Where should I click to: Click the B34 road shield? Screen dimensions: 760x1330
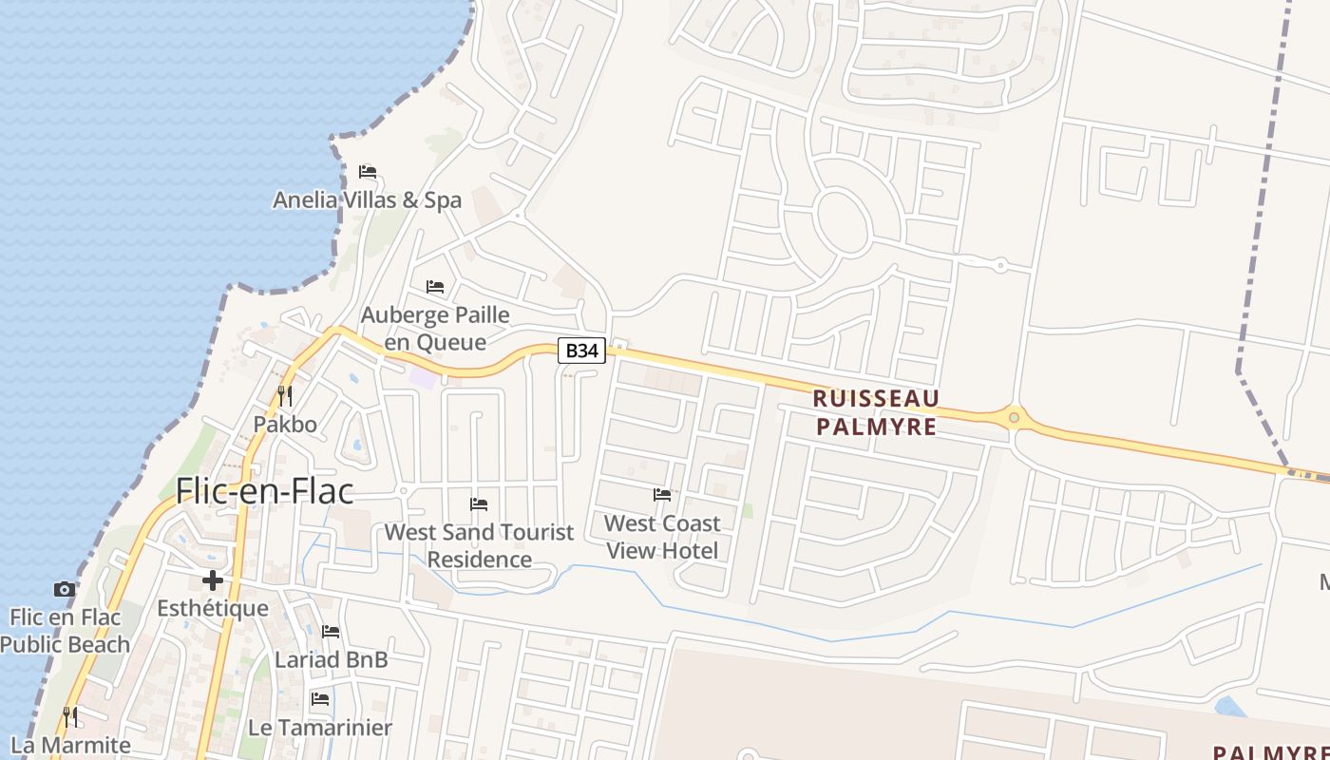tap(581, 351)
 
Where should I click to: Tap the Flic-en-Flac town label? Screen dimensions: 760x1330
tap(264, 491)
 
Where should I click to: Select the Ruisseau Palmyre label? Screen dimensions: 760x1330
tap(876, 412)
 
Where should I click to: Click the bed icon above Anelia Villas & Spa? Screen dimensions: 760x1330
tap(368, 172)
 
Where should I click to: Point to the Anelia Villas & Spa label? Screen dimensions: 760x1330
tap(367, 200)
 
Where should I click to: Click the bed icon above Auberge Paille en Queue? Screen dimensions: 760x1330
tap(435, 286)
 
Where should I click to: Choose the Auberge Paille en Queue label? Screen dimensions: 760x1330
tap(435, 328)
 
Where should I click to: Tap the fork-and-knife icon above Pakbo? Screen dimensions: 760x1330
tap(284, 395)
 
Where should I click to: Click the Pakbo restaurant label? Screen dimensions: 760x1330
tap(284, 424)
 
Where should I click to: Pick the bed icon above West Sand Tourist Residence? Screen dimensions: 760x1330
tap(479, 503)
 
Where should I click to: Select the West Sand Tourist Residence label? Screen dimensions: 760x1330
tap(479, 545)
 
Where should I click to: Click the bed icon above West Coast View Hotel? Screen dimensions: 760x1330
tap(662, 494)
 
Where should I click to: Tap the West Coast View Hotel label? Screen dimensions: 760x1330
tap(662, 537)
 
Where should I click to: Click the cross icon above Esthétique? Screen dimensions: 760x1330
tap(212, 579)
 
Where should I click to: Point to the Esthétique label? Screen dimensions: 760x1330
tap(212, 608)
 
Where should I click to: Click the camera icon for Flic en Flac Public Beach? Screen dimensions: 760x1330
tap(64, 589)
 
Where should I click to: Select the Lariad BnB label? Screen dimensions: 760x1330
tap(331, 659)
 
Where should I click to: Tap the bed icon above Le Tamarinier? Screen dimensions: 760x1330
tap(320, 699)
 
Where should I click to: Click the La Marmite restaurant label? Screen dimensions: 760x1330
tap(70, 745)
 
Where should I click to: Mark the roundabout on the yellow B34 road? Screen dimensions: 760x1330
tap(1015, 416)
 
